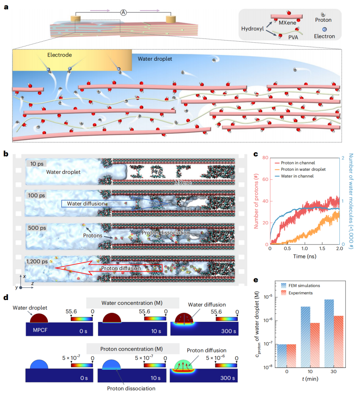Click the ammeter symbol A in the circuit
pyautogui.click(x=123, y=12)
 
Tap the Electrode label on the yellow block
pyautogui.click(x=60, y=55)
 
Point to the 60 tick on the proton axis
pyautogui.click(x=265, y=179)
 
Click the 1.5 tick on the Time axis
pyautogui.click(x=322, y=249)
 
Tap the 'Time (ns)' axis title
pyautogui.click(x=305, y=256)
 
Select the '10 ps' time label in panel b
pyautogui.click(x=37, y=164)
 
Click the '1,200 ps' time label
pyautogui.click(x=37, y=261)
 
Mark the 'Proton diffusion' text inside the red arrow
pyautogui.click(x=121, y=269)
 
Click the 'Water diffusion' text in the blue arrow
pyautogui.click(x=86, y=203)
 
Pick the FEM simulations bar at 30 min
pyautogui.click(x=329, y=333)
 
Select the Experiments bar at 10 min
pyautogui.click(x=315, y=345)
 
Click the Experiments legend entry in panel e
pyautogui.click(x=300, y=293)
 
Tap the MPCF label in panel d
pyautogui.click(x=40, y=330)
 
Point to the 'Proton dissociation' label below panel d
pyautogui.click(x=131, y=388)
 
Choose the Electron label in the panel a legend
pyautogui.click(x=324, y=36)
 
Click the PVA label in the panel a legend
pyautogui.click(x=293, y=37)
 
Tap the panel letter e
pyautogui.click(x=256, y=280)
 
